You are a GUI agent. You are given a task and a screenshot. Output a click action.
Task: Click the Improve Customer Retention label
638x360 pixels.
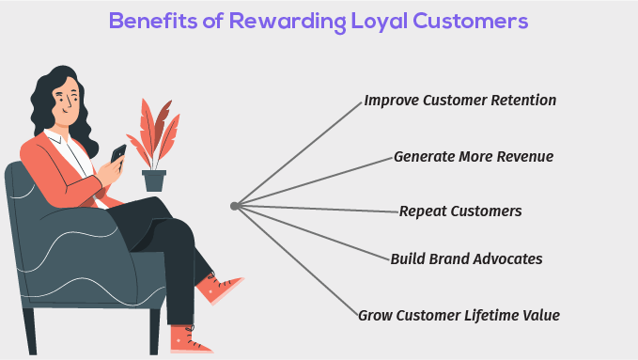click(x=460, y=101)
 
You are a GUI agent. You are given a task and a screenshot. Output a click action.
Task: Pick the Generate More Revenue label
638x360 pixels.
click(x=474, y=156)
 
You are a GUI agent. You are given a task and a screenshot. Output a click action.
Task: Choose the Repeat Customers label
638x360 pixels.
click(x=460, y=211)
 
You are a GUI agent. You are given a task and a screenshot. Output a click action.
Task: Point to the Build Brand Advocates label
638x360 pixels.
click(x=466, y=258)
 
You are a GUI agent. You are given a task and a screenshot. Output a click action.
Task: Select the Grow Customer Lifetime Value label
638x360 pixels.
click(x=459, y=316)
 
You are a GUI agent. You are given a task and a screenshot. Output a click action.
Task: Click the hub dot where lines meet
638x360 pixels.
click(x=234, y=206)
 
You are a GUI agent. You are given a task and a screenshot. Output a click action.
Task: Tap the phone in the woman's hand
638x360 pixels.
click(x=118, y=155)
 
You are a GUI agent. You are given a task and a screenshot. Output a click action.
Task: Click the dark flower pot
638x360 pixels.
click(x=154, y=180)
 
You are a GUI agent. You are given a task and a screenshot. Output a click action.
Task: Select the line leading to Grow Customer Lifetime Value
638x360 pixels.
click(x=296, y=260)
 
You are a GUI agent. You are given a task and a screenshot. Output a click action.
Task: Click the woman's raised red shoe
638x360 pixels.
click(x=221, y=288)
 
